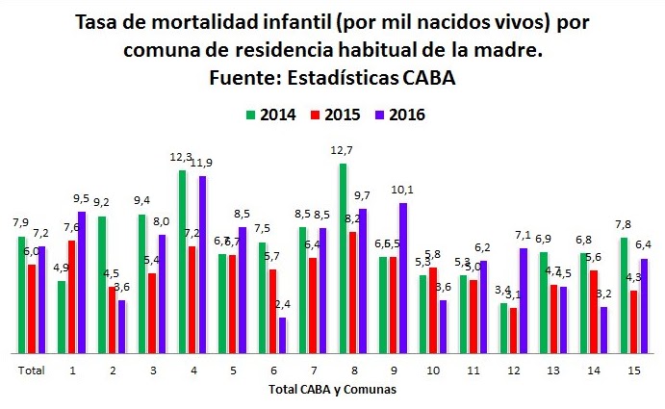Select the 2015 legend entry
pos(333,115)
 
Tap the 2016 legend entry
pos(396,115)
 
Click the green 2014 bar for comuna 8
pos(343,258)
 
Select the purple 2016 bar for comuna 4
pos(202,264)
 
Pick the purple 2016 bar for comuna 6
pos(282,334)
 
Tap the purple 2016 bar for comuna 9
pos(402,277)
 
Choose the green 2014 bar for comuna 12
pos(504,327)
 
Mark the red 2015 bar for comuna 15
pos(633,320)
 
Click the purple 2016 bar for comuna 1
pos(81,281)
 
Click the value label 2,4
pos(283,305)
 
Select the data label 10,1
pos(402,189)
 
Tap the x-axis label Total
pos(32,369)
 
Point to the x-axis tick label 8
pos(352,369)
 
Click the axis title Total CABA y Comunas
pos(331,390)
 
